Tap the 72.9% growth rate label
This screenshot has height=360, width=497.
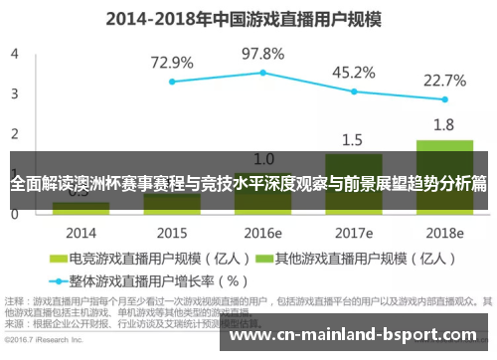coord(172,62)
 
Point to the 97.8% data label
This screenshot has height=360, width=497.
coord(263,53)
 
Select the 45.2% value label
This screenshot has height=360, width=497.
coord(353,73)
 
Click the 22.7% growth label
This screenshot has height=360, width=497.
coord(444,81)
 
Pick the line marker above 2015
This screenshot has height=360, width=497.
coord(172,82)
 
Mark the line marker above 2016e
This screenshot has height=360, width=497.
coord(263,73)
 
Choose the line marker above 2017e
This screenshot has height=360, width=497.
coord(353,91)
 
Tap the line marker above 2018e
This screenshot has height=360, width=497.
coord(444,99)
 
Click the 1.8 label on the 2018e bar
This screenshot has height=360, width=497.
coord(444,124)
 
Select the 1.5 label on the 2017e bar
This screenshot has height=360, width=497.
coord(353,139)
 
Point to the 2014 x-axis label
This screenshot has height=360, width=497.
coord(82,233)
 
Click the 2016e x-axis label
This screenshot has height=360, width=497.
coord(263,233)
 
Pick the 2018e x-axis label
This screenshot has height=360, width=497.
coord(444,233)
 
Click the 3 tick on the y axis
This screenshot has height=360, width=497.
coord(14,93)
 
